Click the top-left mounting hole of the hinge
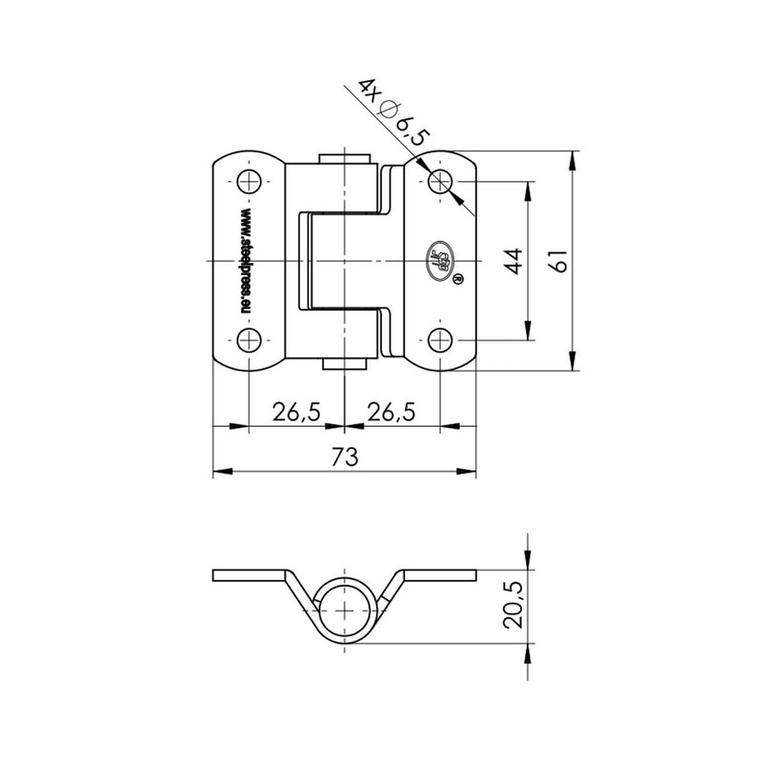pyautogui.click(x=250, y=181)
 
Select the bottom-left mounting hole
pyautogui.click(x=250, y=339)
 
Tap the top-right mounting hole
pyautogui.click(x=439, y=181)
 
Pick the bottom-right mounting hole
pyautogui.click(x=439, y=339)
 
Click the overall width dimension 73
pyautogui.click(x=344, y=457)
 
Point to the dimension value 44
pyautogui.click(x=513, y=260)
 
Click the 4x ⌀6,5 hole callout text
pyautogui.click(x=391, y=112)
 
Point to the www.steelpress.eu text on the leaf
pyautogui.click(x=246, y=260)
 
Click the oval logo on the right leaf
pyautogui.click(x=439, y=260)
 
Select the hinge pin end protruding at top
pyautogui.click(x=344, y=157)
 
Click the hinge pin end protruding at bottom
pyautogui.click(x=344, y=363)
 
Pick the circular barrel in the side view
pyautogui.click(x=344, y=610)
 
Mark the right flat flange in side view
pyautogui.click(x=440, y=575)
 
